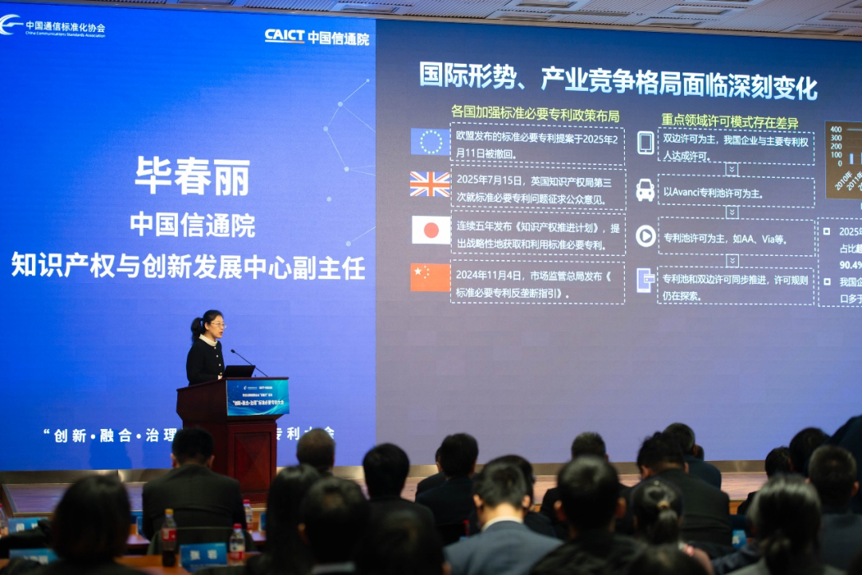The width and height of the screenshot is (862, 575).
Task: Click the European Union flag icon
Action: coord(430,141)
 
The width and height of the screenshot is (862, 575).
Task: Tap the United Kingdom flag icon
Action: coord(430,184)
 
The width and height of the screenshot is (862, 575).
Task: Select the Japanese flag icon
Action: coord(430,230)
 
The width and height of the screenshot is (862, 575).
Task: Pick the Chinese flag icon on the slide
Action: coord(430,277)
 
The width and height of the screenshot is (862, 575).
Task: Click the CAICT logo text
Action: coord(285,36)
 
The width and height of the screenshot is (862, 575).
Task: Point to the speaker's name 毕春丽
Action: coord(192,176)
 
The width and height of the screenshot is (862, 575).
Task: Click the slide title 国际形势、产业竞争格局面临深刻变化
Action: coord(619,81)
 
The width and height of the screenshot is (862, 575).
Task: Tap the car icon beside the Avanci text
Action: coord(645,190)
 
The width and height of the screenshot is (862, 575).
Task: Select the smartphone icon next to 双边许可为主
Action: coord(645,143)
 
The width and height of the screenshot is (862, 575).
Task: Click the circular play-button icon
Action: coord(645,236)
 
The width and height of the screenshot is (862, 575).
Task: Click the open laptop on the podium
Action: coord(238,371)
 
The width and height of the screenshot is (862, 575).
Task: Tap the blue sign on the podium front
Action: coord(257,397)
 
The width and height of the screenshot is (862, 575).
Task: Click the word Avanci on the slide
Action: coord(682,193)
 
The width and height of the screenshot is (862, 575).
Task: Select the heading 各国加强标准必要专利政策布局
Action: coord(535,115)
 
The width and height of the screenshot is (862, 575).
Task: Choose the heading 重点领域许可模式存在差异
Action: coord(730,122)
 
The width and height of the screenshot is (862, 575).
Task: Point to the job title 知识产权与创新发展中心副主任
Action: coord(188,266)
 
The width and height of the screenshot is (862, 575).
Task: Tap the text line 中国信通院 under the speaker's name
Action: coord(192,225)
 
